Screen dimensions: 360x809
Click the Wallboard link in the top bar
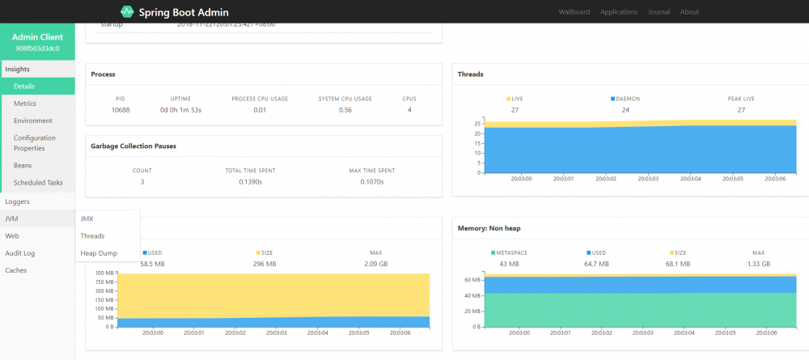tap(574, 12)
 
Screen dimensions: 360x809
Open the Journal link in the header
tap(658, 12)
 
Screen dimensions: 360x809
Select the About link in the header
tap(689, 12)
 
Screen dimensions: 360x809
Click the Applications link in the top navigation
tap(618, 12)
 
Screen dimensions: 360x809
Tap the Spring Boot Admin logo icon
tap(127, 12)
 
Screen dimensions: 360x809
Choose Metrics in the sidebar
tap(24, 104)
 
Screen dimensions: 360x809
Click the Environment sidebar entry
tap(32, 121)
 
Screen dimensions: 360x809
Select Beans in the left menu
tap(23, 165)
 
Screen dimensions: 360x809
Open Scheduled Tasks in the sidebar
tap(38, 183)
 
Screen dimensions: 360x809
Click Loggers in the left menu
tap(17, 201)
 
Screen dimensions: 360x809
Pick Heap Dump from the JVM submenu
tap(98, 253)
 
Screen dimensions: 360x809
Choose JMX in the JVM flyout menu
tap(87, 218)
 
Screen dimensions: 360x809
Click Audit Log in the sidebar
tap(19, 253)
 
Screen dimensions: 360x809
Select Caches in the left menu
tap(16, 270)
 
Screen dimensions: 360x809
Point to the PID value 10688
tap(121, 110)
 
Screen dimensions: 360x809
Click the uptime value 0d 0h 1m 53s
tap(180, 110)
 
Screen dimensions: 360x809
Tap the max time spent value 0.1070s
tap(372, 182)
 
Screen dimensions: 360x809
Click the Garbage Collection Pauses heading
tap(133, 146)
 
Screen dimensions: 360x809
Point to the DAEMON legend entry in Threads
tap(625, 99)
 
